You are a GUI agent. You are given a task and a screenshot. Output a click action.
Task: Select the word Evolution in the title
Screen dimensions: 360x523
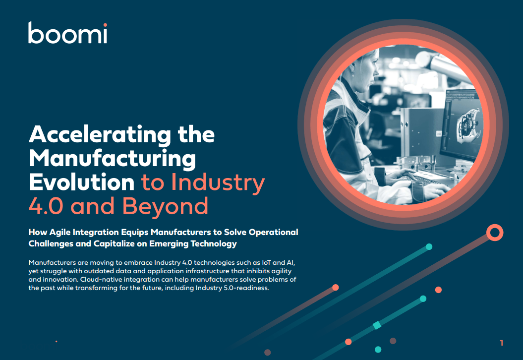point(82,182)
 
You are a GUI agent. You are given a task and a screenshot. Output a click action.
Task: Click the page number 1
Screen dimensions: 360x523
point(502,343)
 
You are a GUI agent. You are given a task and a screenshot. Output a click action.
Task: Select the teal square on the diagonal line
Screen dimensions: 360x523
point(377,325)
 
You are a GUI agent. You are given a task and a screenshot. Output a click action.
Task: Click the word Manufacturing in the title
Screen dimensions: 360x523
point(112,159)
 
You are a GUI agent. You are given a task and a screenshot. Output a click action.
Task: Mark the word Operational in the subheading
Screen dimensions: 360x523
point(272,232)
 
